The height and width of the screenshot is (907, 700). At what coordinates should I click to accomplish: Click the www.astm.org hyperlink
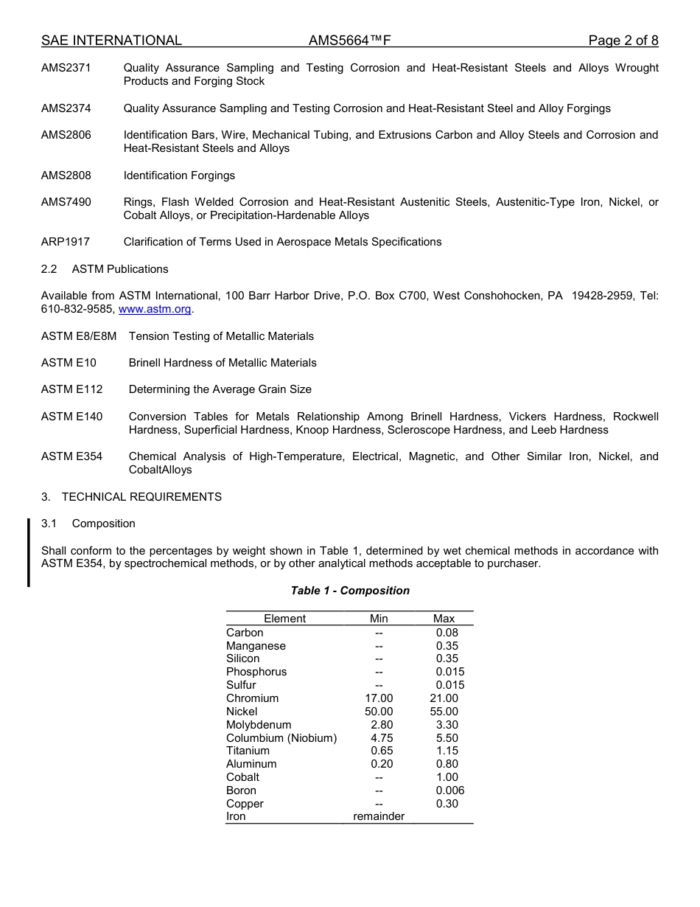155,309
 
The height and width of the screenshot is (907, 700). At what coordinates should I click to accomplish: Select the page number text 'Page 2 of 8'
623,41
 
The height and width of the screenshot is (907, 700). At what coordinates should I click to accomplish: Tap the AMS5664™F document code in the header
349,41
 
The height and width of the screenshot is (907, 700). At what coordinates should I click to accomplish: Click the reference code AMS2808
66,176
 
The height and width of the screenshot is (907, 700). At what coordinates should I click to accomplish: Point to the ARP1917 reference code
66,242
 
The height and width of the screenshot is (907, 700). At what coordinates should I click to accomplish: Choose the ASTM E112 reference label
72,389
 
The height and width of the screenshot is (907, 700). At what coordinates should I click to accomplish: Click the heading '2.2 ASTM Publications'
105,269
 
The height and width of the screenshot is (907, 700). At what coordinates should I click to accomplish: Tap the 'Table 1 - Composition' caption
350,591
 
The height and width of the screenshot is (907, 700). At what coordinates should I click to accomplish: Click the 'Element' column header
284,619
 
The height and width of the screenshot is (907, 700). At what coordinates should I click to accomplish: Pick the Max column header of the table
444,619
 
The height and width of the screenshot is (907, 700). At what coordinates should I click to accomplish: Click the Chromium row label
252,698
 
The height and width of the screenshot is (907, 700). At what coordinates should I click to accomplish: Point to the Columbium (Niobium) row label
281,738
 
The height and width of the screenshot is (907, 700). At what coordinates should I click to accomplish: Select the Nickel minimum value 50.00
379,712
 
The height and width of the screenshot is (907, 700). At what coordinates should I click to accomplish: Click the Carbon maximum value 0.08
447,633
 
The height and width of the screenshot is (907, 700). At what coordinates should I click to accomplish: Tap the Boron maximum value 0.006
449,790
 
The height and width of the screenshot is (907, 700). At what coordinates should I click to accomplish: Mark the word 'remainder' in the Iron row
379,817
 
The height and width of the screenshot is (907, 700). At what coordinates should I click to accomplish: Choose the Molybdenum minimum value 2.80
382,725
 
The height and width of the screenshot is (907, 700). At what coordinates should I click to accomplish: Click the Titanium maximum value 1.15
447,751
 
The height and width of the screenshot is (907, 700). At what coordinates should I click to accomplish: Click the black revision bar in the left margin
29,552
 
